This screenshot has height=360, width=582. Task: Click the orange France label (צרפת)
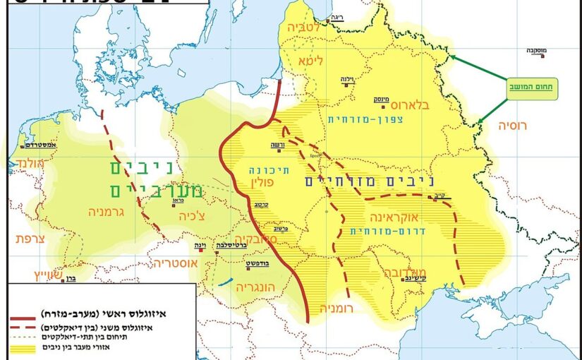click(30, 239)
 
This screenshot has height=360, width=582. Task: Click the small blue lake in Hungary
click(224, 282)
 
